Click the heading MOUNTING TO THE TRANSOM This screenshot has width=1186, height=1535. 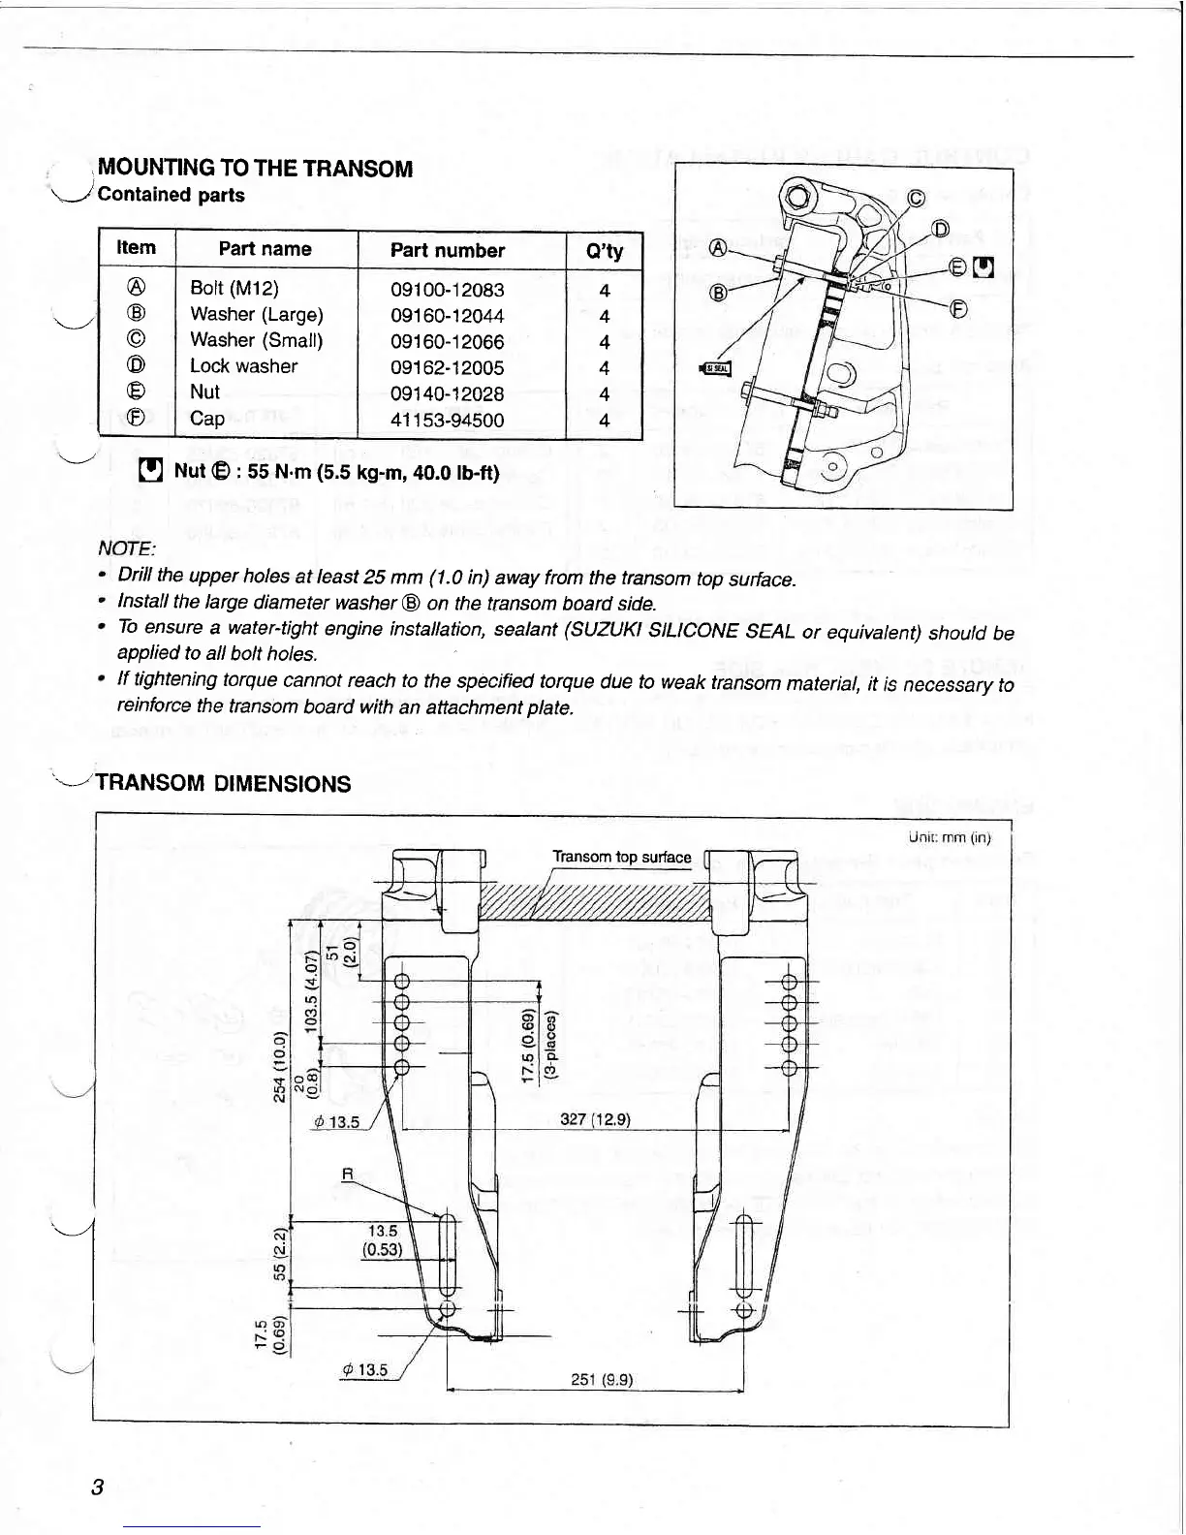(x=256, y=169)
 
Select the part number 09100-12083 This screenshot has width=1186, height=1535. (x=447, y=290)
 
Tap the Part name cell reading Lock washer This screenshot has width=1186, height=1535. (x=243, y=366)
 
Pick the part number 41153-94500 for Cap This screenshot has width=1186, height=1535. (x=447, y=420)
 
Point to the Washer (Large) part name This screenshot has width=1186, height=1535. (x=257, y=314)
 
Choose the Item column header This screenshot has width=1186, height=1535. (x=136, y=248)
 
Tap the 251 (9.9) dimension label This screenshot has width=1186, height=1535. (x=602, y=1380)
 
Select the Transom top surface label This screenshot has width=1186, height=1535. (x=621, y=857)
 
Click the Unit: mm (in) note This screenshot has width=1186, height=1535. (x=949, y=837)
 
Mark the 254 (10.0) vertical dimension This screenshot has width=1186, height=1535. (x=280, y=1066)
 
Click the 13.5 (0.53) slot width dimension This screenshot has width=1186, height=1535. (x=382, y=1240)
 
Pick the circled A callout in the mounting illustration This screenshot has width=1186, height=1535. (x=718, y=247)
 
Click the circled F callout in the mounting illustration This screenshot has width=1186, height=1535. (x=957, y=309)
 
